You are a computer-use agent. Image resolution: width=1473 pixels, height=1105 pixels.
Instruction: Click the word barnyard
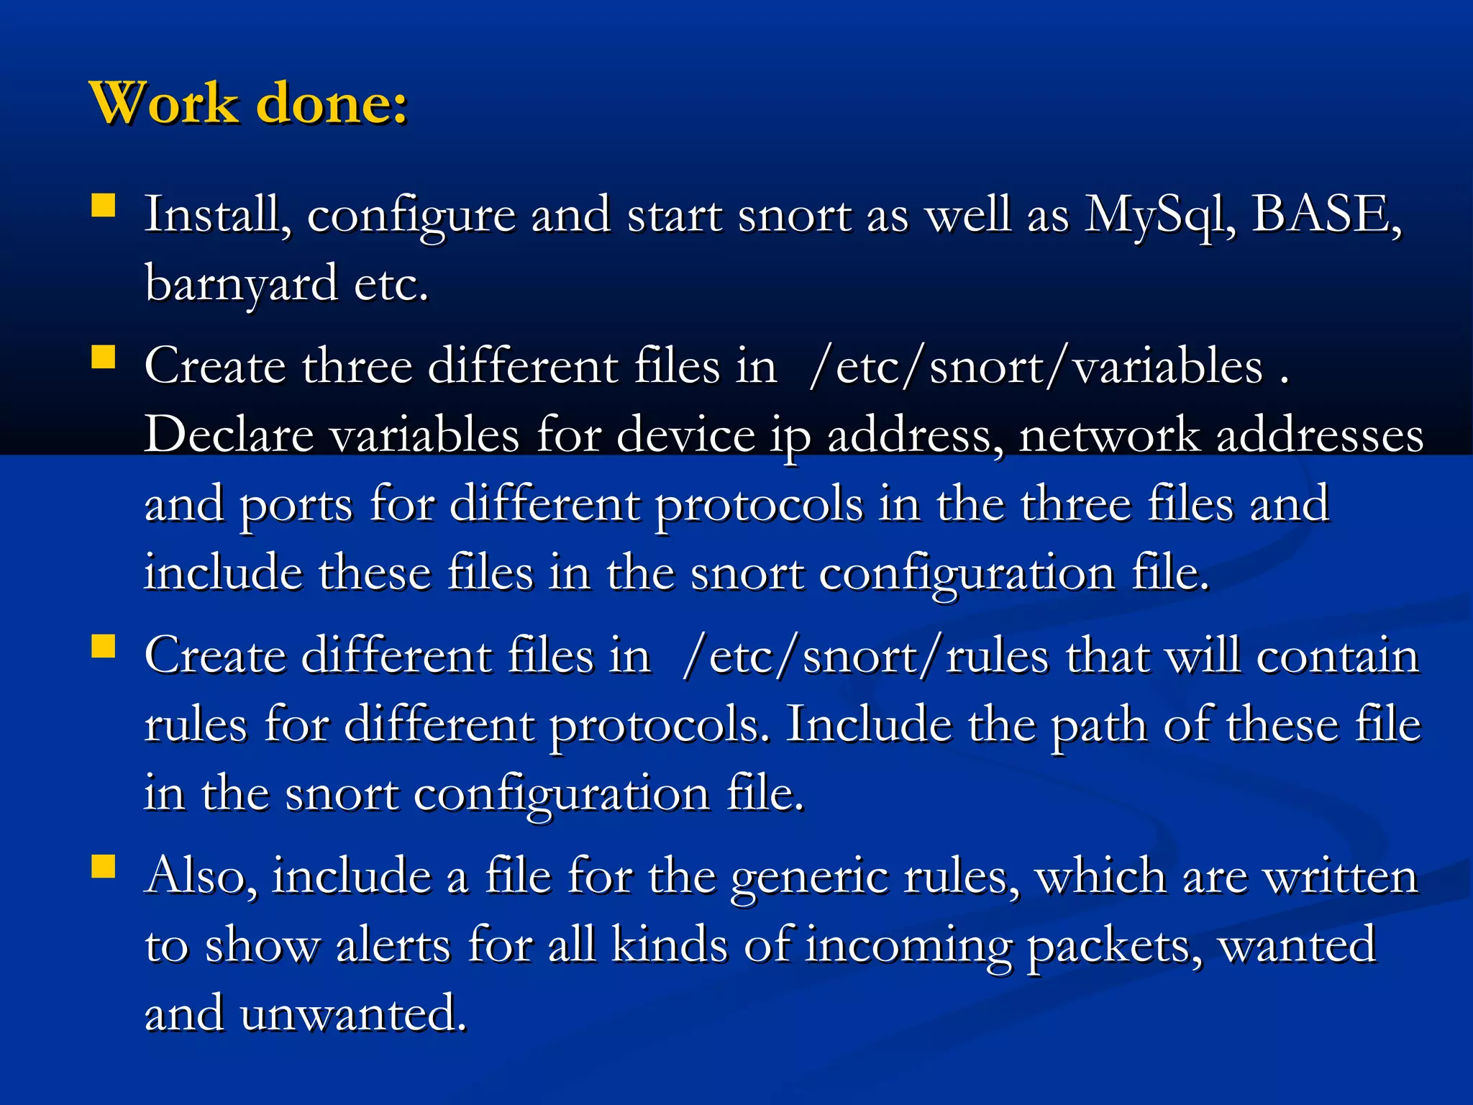241,283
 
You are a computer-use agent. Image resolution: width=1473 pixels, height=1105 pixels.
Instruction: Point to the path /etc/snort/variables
1036,366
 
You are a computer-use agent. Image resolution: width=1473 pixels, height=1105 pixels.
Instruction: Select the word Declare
229,435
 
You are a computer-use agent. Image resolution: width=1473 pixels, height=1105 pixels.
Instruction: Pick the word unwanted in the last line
352,1014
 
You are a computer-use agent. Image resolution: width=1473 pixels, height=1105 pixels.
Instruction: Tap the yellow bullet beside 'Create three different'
104,357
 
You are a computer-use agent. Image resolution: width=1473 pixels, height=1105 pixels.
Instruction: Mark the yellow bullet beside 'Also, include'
104,867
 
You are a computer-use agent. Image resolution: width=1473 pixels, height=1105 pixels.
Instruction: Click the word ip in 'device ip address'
790,436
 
